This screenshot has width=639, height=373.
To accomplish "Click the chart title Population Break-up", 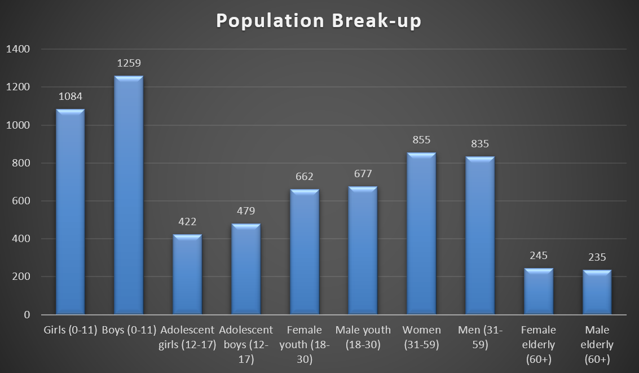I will (x=319, y=21).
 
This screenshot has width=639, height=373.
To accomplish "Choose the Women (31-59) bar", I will (x=421, y=234).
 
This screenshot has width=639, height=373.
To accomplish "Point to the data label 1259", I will (x=129, y=63).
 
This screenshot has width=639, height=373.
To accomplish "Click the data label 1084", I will (x=70, y=96).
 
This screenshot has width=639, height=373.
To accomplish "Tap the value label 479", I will (x=246, y=211).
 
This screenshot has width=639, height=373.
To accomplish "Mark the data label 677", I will (x=363, y=173).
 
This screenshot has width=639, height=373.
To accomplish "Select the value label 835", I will (x=480, y=144).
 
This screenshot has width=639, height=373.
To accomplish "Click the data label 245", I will (x=539, y=255).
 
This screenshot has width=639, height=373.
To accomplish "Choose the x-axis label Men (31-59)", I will (x=480, y=337).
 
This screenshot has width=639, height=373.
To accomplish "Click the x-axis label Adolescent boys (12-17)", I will (x=246, y=344).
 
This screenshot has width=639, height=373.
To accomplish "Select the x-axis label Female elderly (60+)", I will (x=539, y=344).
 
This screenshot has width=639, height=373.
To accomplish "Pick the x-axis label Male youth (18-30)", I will (x=363, y=337).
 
